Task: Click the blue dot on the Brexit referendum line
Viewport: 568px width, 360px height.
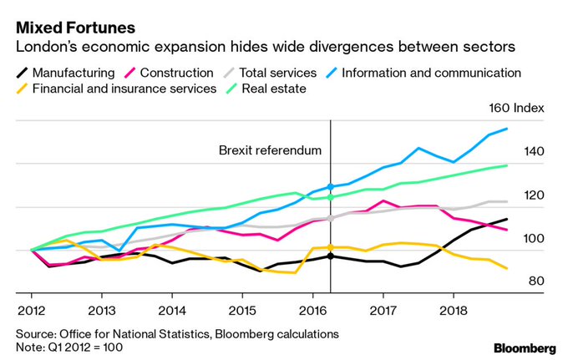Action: click(x=331, y=186)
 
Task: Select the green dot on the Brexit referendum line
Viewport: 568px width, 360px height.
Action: click(x=331, y=197)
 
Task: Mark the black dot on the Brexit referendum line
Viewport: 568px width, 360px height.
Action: click(x=331, y=256)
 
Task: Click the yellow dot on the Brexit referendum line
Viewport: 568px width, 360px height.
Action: click(x=331, y=247)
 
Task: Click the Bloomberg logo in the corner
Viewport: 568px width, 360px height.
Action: click(x=525, y=347)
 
